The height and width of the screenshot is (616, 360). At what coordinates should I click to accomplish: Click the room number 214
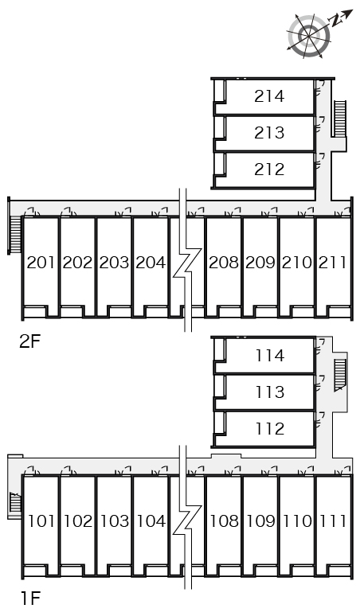(269, 96)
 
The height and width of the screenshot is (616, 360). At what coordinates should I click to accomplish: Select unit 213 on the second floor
(269, 133)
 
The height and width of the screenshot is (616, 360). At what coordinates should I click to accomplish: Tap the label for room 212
(269, 170)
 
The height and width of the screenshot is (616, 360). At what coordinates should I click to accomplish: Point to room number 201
(41, 263)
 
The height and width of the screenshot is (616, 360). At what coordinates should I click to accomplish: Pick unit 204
(151, 263)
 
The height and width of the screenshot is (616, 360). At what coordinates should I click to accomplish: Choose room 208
(224, 263)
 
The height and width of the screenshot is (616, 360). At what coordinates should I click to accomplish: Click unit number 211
(333, 263)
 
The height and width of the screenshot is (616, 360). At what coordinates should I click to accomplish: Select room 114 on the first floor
(270, 356)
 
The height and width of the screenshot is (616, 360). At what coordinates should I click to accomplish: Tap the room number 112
(270, 429)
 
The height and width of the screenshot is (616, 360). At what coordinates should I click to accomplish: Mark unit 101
(41, 521)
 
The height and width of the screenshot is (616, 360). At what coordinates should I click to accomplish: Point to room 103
(115, 521)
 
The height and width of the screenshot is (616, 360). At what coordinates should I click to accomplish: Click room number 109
(261, 521)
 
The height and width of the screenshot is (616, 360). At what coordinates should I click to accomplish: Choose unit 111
(333, 521)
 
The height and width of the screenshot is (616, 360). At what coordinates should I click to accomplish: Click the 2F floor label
(30, 341)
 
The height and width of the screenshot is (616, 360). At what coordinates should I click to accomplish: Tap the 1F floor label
(30, 598)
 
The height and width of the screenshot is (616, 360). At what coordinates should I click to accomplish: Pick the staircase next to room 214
(339, 119)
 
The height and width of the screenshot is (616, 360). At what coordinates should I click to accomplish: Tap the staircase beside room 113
(340, 375)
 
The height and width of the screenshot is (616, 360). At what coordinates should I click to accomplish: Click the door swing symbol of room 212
(320, 160)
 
